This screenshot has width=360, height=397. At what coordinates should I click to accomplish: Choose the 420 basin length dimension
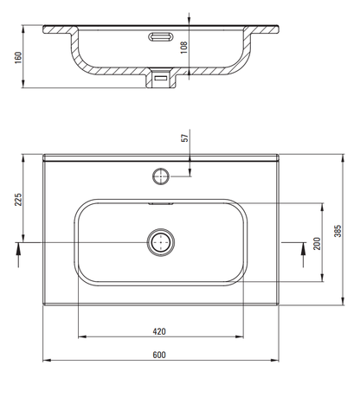pos(160,330)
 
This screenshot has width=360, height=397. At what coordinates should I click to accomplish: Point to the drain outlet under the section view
pos(162,78)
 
